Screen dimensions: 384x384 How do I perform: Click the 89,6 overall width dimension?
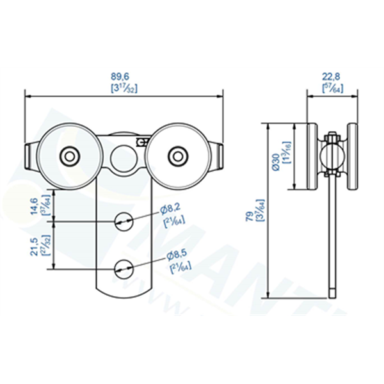coord(124,76)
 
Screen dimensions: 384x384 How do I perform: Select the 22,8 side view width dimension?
coord(332,76)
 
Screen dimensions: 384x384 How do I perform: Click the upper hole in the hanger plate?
coord(123,220)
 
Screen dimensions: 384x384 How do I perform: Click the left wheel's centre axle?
coord(68,155)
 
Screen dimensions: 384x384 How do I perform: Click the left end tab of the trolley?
coord(29,156)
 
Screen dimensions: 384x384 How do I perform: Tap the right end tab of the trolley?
coord(220,156)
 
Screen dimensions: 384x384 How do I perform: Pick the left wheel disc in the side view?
coord(312,157)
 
